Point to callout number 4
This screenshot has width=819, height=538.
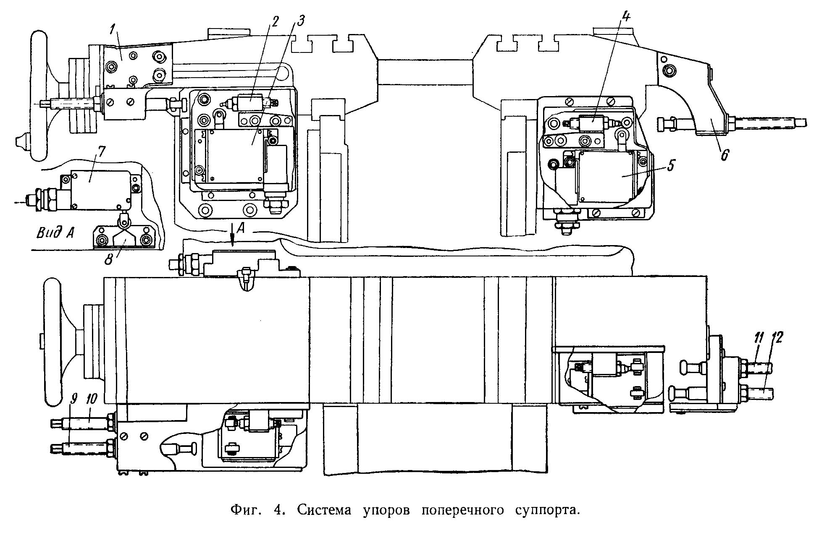pos(626,18)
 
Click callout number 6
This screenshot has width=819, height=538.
pos(724,155)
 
